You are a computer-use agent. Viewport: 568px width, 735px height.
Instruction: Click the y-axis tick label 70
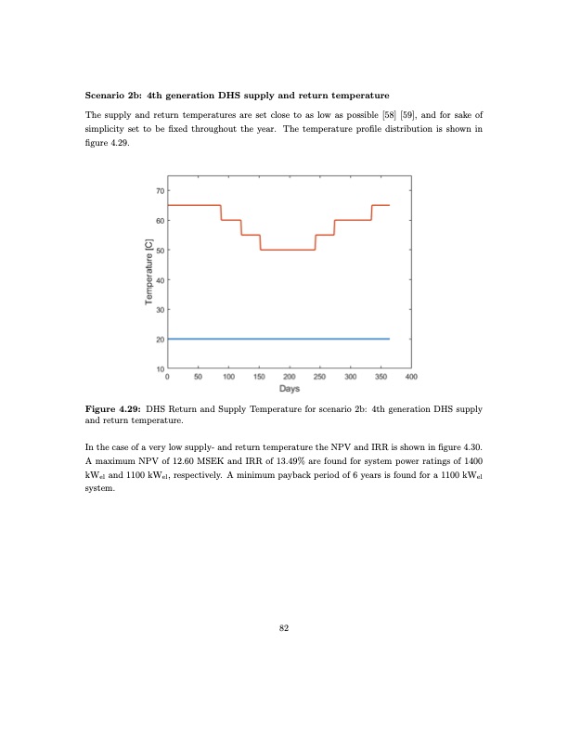159,190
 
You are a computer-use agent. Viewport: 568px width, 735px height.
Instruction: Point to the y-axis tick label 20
159,340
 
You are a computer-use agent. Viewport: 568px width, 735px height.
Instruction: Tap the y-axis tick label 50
159,250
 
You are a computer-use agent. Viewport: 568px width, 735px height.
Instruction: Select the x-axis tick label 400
411,377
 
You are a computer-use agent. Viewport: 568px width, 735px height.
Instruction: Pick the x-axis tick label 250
320,377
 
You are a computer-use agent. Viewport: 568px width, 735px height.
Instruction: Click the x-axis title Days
289,389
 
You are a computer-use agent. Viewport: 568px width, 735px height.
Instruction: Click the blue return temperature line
278,340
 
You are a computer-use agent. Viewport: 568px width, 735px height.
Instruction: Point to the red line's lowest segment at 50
288,250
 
